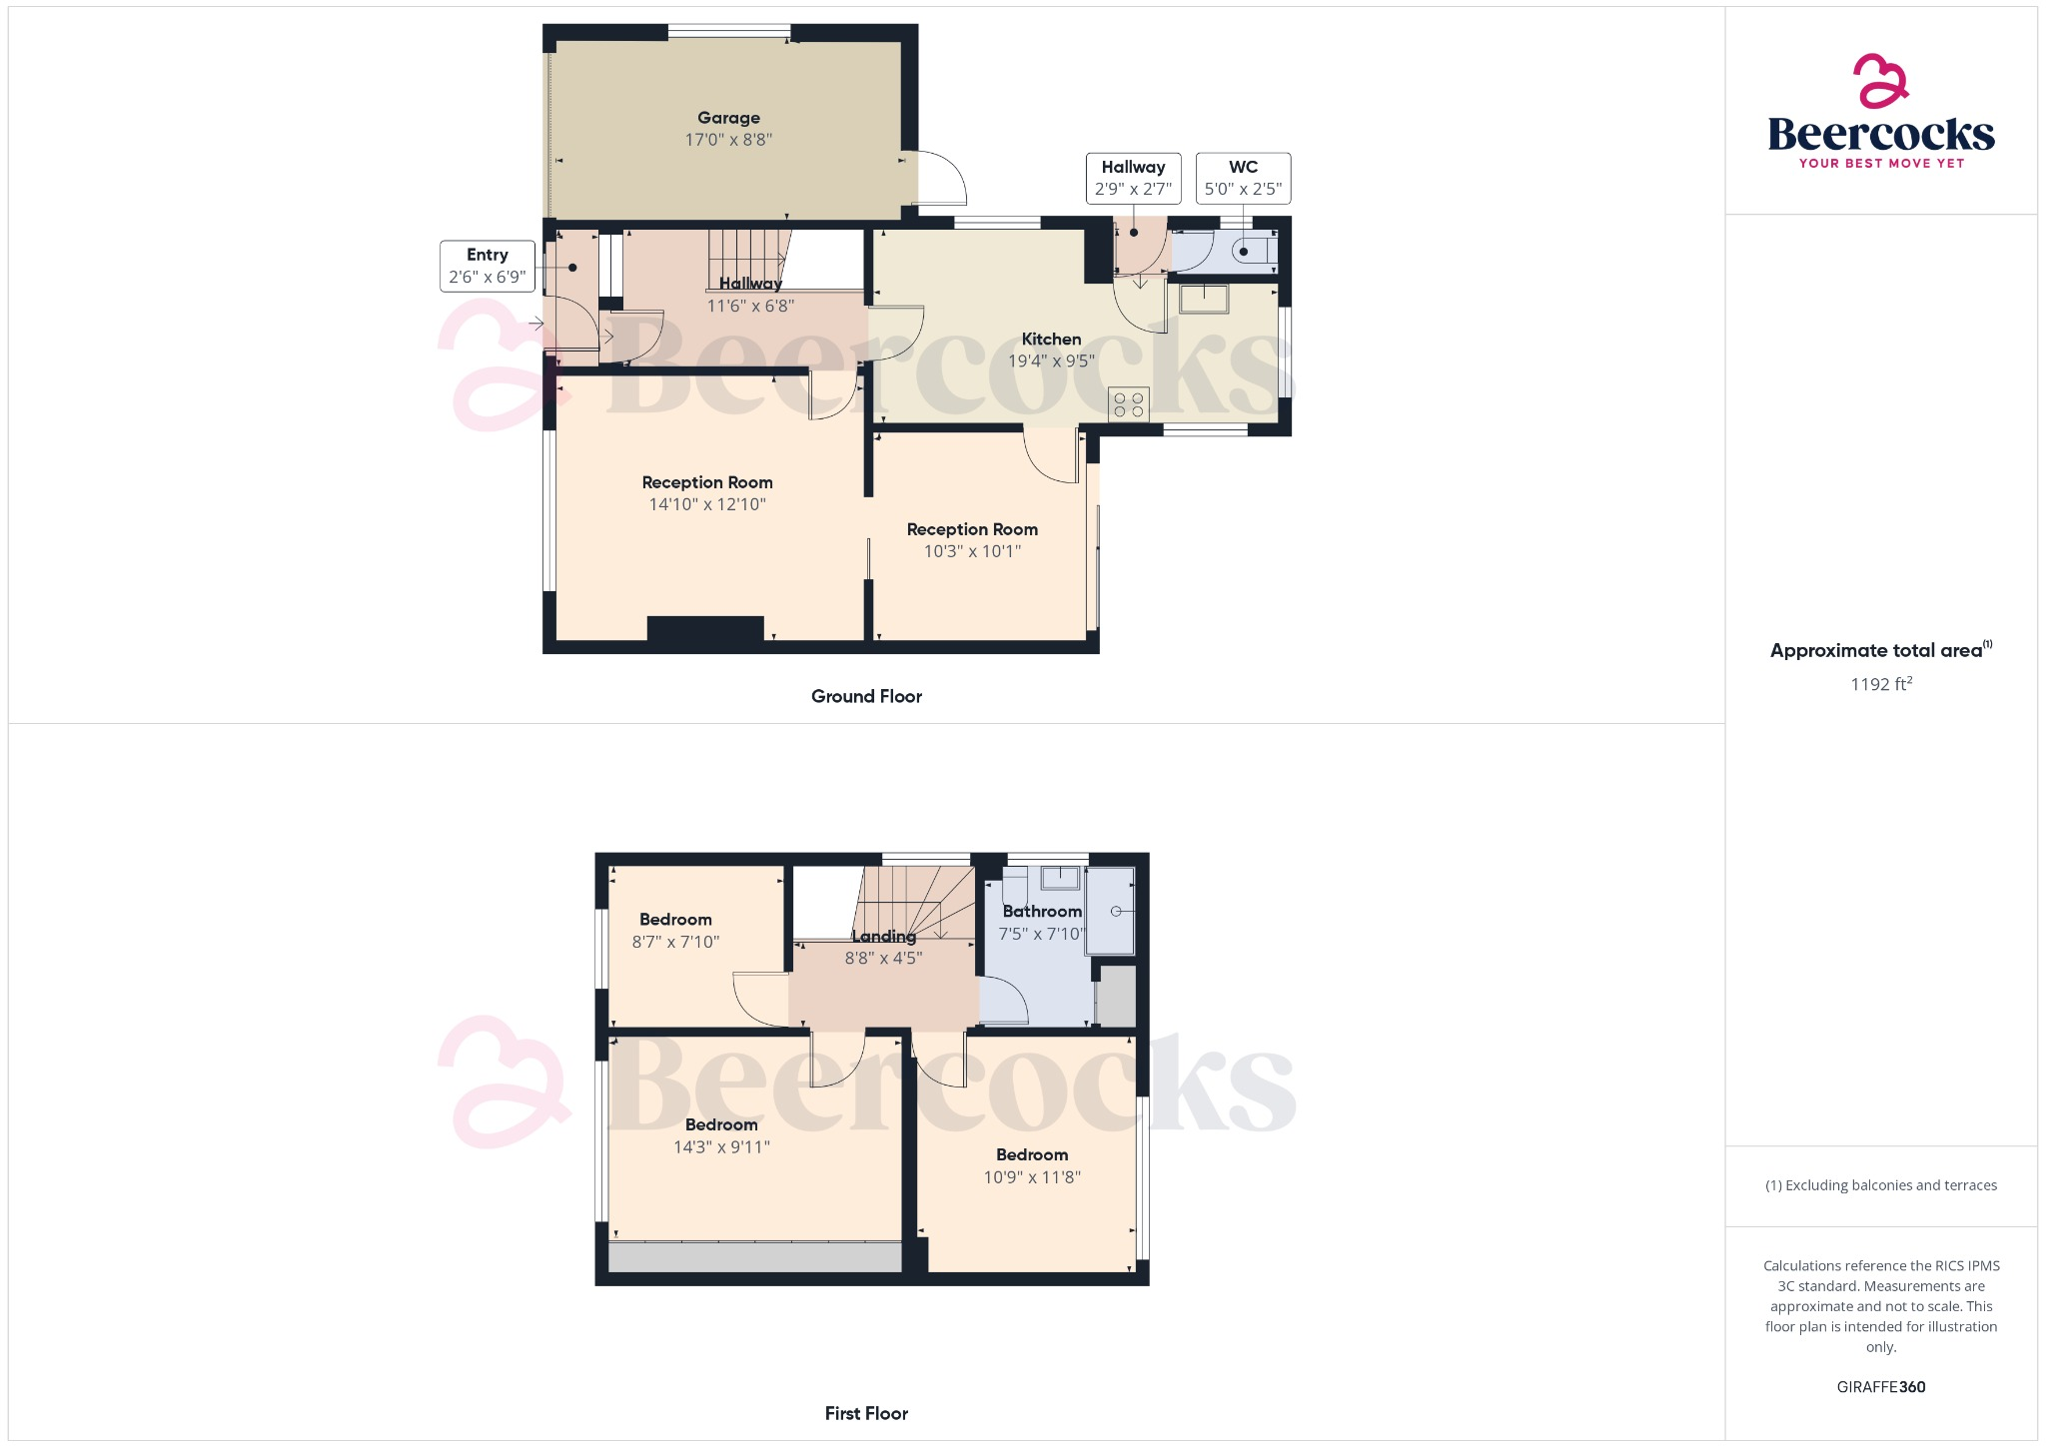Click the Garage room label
728,118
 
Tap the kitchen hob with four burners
1128,404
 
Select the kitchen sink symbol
1203,299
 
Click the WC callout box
1243,178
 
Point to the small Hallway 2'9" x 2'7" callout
1133,178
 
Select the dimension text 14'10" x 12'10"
707,504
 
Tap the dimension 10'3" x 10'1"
972,551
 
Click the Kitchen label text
1051,340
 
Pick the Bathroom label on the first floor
1042,911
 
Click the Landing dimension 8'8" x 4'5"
883,958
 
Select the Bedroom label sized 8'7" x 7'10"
675,920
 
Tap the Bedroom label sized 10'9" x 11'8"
1032,1155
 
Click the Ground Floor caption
866,696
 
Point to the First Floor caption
866,1413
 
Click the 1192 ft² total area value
1880,684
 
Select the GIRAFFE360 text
1880,1386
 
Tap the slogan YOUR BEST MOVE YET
1881,163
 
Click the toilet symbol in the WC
1249,251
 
